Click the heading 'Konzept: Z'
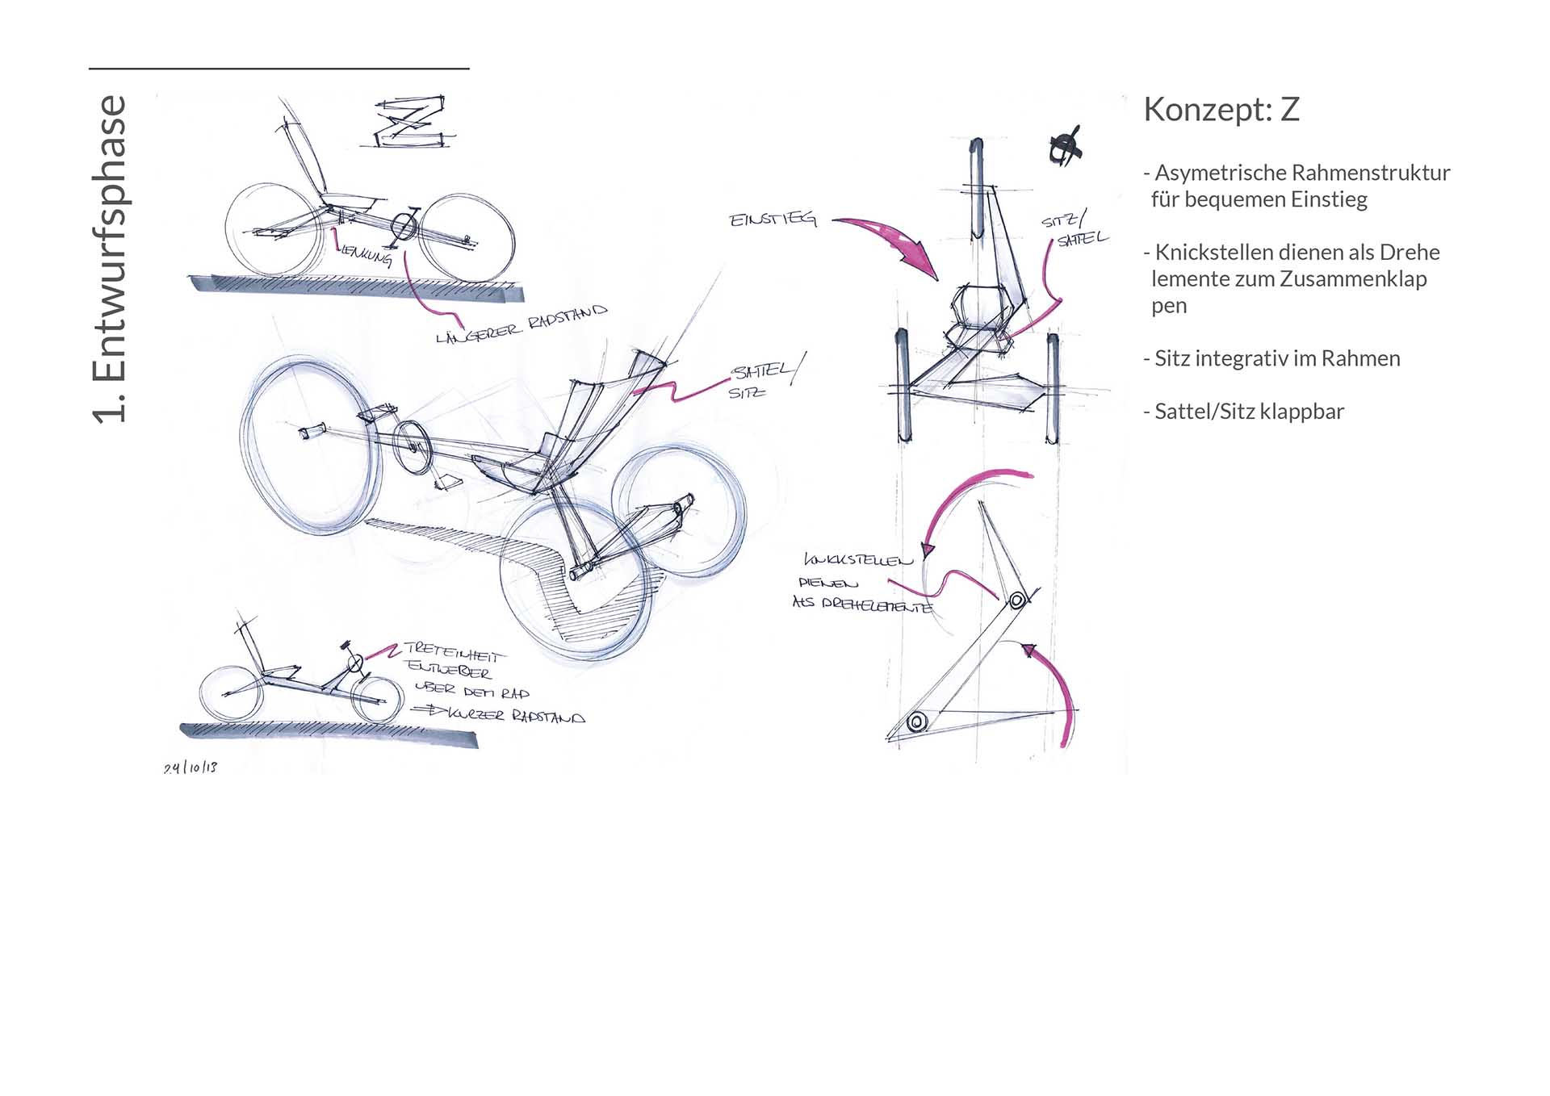(1221, 110)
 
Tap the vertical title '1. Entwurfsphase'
(110, 259)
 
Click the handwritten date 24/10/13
(191, 768)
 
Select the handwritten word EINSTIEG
(773, 220)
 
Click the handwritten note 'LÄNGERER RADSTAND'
(521, 324)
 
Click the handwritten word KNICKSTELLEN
(858, 559)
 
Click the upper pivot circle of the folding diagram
(1017, 600)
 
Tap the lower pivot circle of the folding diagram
(915, 722)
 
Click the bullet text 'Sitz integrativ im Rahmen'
(1276, 358)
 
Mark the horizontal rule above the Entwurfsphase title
(279, 69)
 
